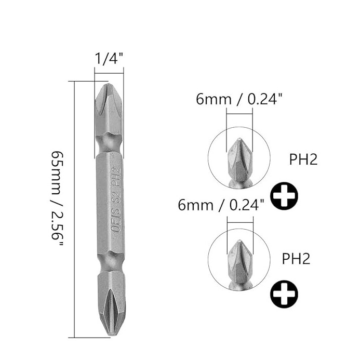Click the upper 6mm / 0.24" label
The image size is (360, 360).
click(239, 99)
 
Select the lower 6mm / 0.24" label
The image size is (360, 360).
click(221, 205)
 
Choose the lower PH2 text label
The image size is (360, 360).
click(296, 259)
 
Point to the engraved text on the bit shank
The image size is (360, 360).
click(115, 198)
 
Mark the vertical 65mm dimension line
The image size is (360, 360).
click(76, 208)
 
